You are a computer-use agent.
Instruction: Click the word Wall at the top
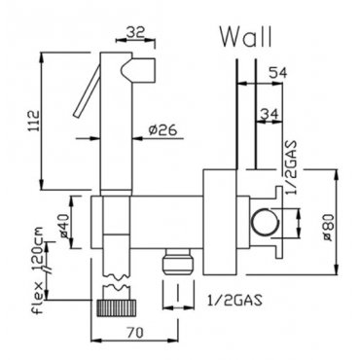[246, 37]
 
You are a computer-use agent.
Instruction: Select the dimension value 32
[135, 32]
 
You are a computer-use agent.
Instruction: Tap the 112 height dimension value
[35, 121]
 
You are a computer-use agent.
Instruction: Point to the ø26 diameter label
[163, 130]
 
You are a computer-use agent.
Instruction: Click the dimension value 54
[277, 73]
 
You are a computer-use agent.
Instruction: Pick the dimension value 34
[270, 115]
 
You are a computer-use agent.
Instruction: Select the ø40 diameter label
[64, 226]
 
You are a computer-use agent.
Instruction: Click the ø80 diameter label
[327, 228]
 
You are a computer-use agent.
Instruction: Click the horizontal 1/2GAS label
[234, 301]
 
